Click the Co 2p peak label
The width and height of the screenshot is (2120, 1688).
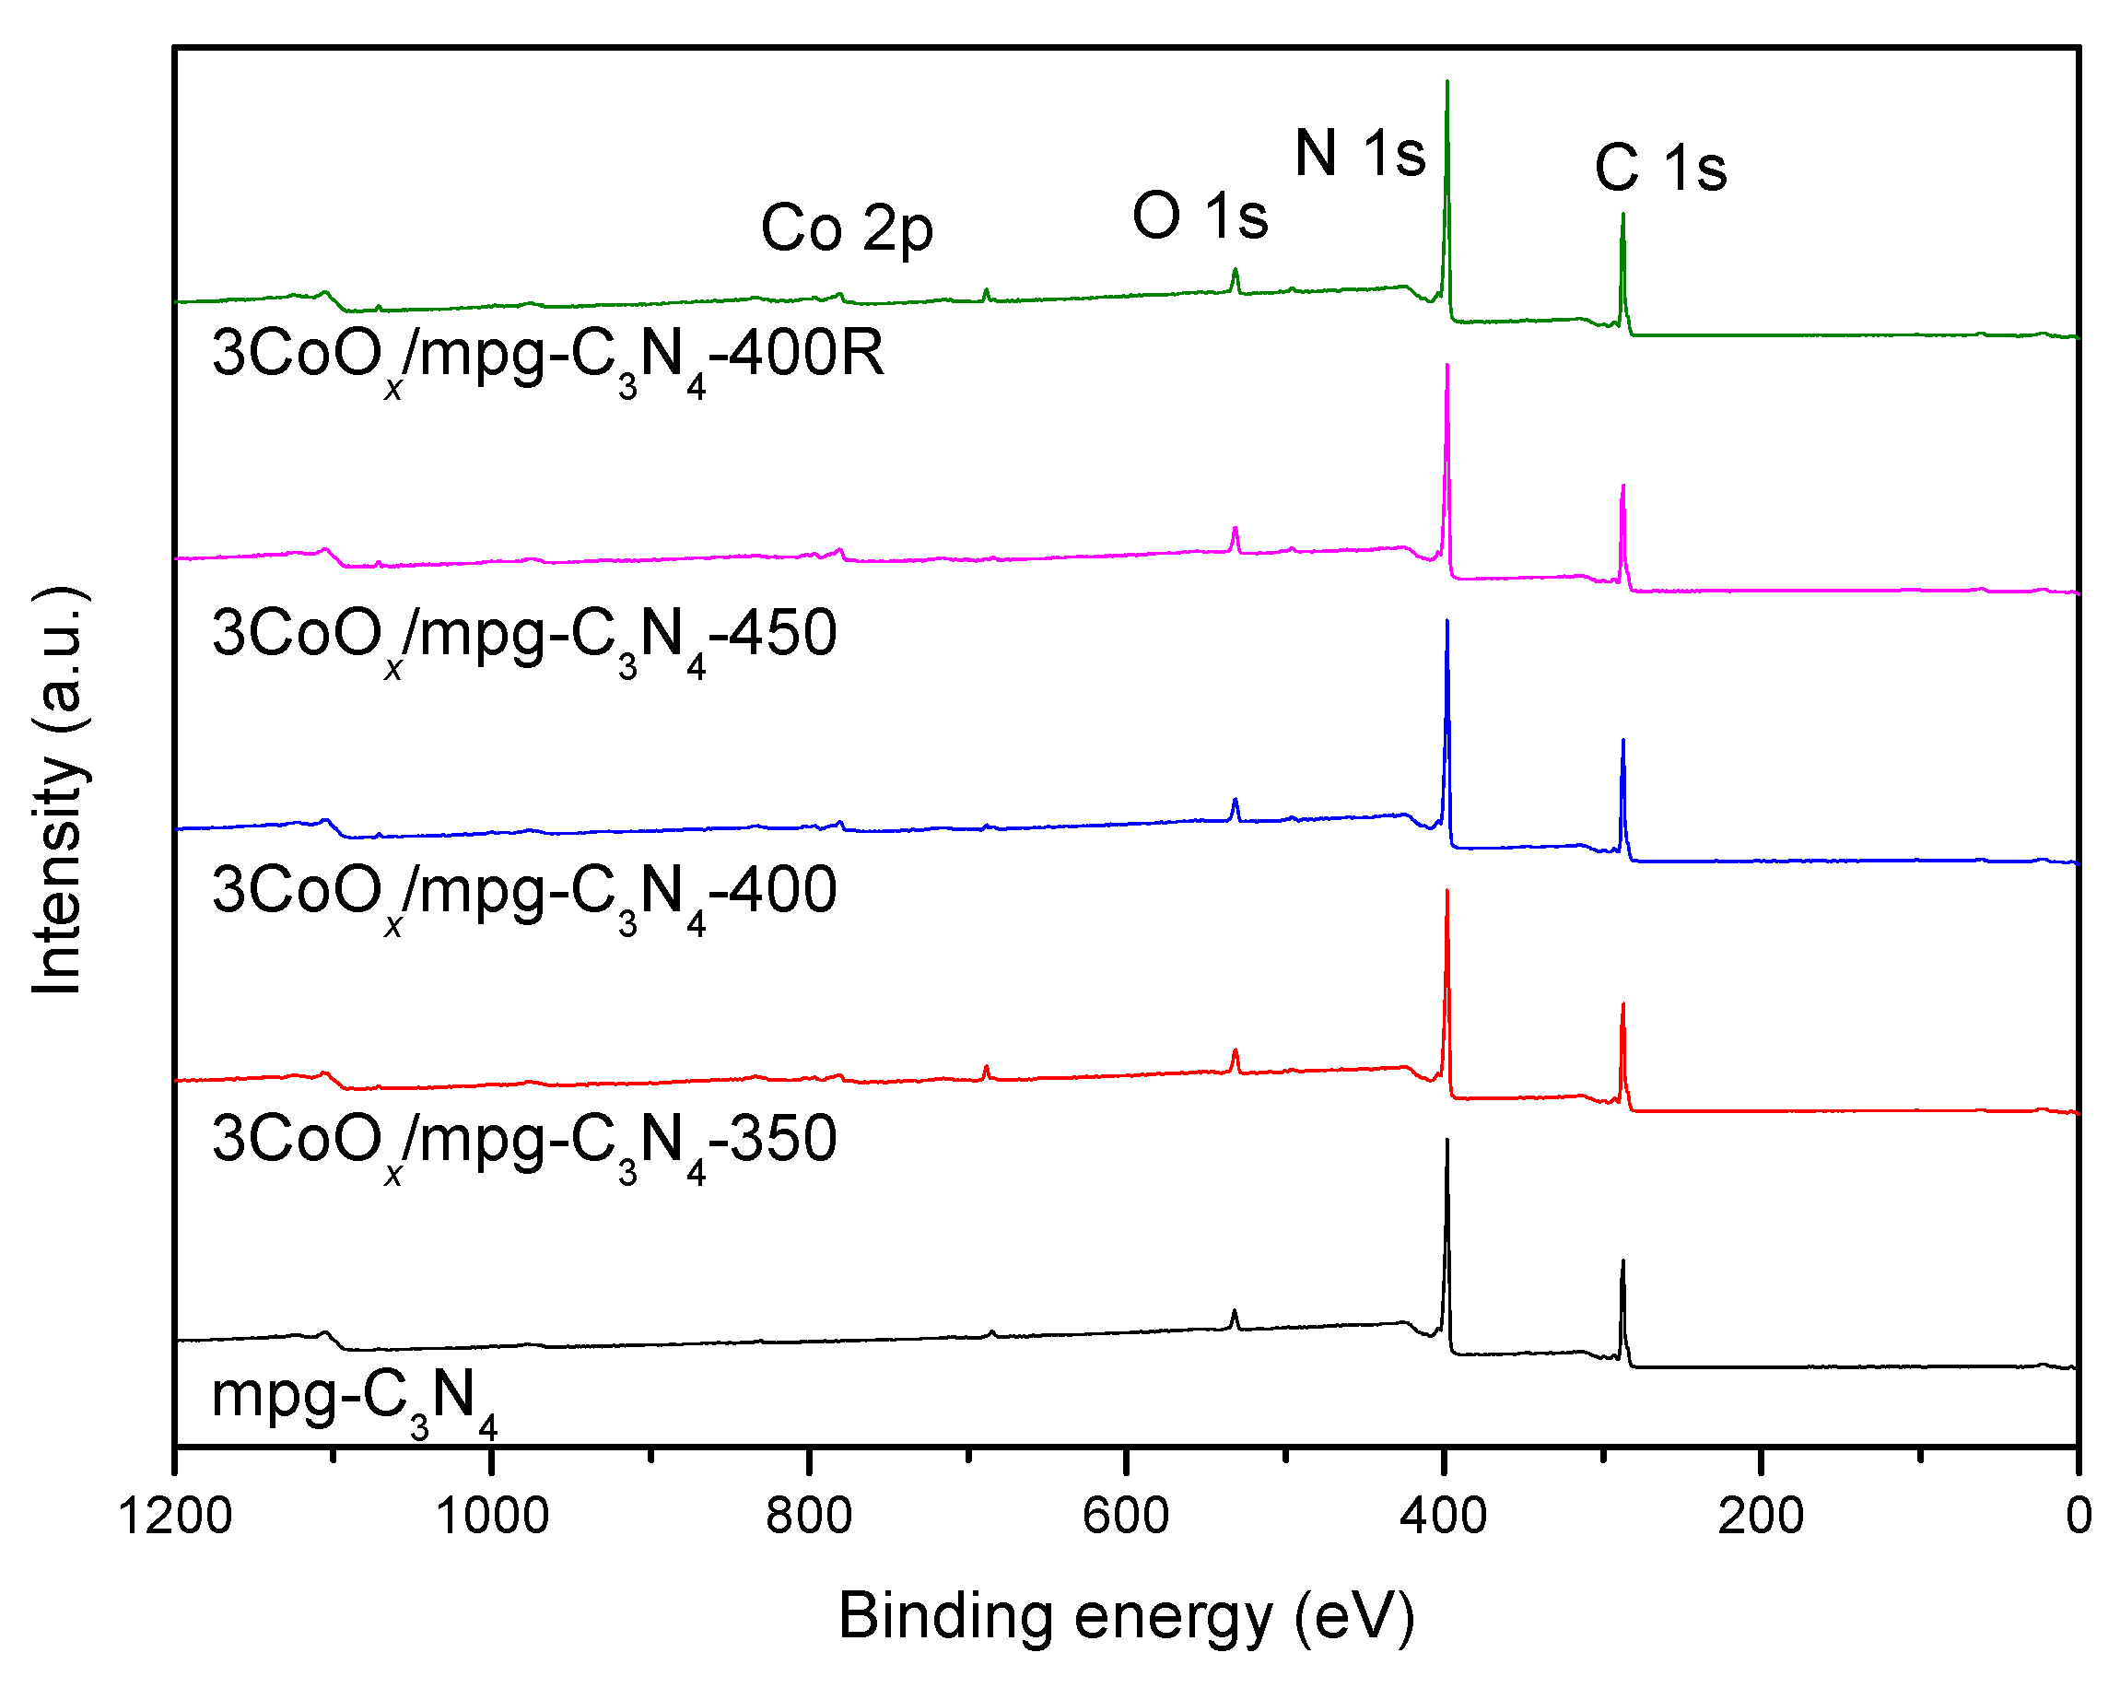coord(846,229)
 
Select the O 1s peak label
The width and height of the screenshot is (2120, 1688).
coord(1200,217)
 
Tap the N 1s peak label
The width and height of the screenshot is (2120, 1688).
coord(1360,155)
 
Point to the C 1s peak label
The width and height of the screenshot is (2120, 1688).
coord(1660,168)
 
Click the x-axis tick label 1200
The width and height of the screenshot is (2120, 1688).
coord(175,1515)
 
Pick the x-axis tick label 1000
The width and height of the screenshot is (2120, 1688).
coord(492,1515)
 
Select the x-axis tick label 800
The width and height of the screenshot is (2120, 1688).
coord(809,1515)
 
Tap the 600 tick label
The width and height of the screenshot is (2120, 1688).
coord(1126,1515)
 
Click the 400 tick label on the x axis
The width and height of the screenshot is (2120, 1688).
coord(1444,1515)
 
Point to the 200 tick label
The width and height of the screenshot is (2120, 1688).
coord(1760,1515)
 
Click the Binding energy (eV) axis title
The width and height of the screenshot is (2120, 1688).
coord(1126,1616)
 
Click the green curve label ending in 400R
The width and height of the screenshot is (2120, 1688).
coord(547,356)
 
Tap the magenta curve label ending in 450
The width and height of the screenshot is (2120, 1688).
coord(524,636)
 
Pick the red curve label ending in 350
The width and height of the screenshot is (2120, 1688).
coord(524,1143)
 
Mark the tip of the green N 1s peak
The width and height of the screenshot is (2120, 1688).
coord(1447,82)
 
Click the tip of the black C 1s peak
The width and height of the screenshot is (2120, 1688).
coord(1622,1261)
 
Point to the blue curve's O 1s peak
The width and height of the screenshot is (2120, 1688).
coord(1235,801)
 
